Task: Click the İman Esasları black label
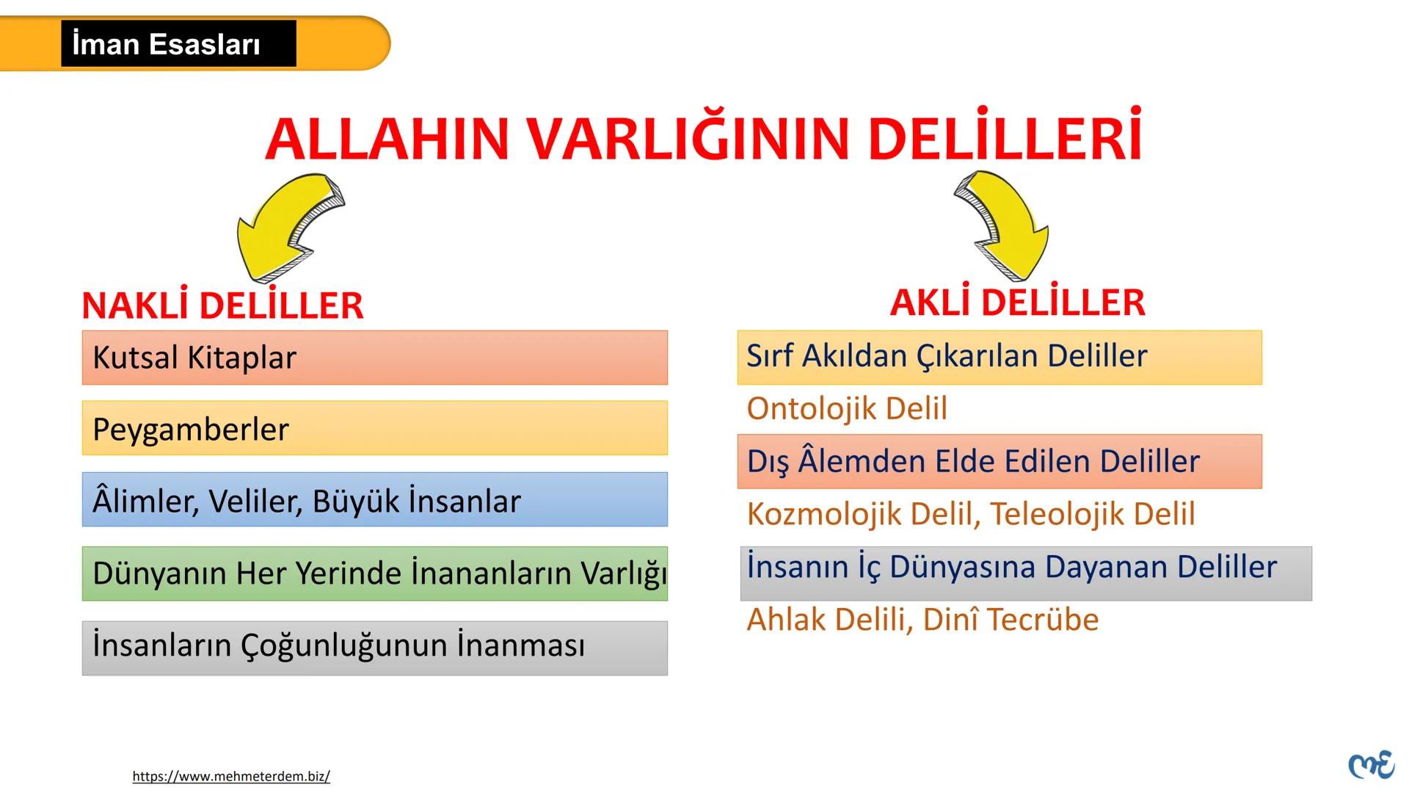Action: (178, 44)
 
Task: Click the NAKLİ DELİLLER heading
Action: (222, 305)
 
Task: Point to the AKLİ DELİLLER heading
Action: (1017, 303)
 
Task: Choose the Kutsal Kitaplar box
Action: (374, 358)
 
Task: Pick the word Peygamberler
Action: (191, 429)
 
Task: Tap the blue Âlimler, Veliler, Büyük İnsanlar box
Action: (374, 500)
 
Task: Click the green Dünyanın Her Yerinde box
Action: (374, 573)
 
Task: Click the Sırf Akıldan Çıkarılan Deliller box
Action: (999, 357)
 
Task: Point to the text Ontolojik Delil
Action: (847, 408)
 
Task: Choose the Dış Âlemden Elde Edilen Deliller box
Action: (999, 461)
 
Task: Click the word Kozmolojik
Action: (824, 514)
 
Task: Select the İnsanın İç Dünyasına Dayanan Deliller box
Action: (1025, 573)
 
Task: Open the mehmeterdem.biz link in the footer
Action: (231, 776)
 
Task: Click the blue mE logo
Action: (1371, 765)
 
